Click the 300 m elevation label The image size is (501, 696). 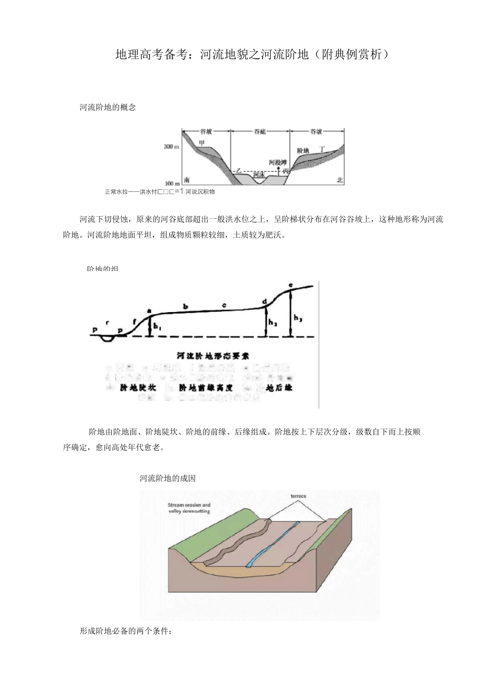point(171,147)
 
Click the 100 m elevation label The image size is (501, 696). point(171,184)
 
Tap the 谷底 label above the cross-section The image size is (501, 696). point(259,132)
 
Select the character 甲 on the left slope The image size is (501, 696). point(201,142)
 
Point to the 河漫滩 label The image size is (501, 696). point(277,162)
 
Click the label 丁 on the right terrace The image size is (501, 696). point(322,149)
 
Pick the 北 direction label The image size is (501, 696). point(340,180)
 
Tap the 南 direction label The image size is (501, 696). point(186,180)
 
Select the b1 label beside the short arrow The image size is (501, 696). point(157,327)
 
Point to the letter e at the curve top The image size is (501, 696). point(291,285)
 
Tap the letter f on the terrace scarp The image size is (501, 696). point(134,321)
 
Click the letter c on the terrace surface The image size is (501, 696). point(224,305)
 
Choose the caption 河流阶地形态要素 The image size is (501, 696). point(213,356)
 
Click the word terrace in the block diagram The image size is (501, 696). point(298,496)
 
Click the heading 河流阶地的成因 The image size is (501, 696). point(168,478)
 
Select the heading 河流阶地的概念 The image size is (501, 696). point(108,107)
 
